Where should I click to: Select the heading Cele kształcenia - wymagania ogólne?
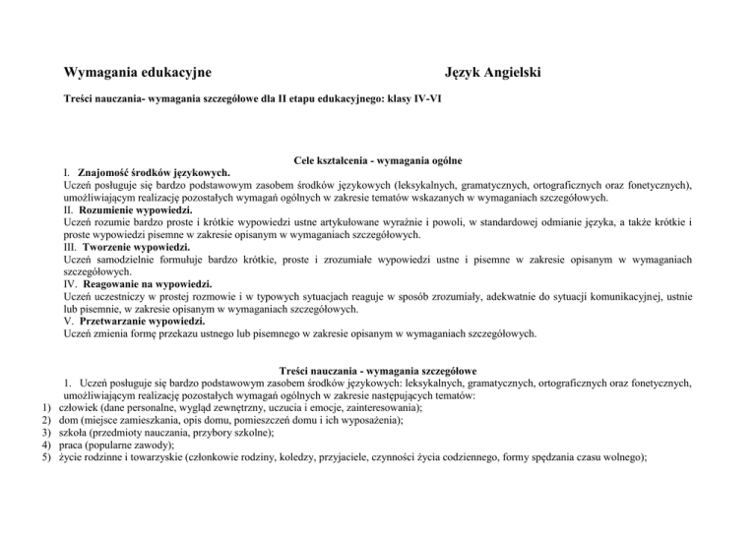(x=378, y=160)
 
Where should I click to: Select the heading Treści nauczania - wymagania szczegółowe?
(x=379, y=371)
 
